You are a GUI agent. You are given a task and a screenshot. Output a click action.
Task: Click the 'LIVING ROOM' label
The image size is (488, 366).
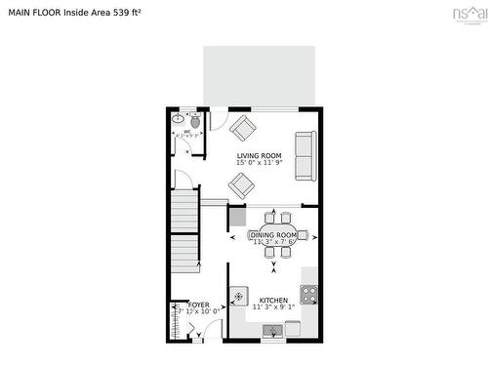(259, 155)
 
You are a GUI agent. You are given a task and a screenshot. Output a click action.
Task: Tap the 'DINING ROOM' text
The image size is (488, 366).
(273, 234)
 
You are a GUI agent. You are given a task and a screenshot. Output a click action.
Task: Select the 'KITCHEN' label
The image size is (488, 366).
(273, 300)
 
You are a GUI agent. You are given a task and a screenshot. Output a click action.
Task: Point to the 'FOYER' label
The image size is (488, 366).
(199, 305)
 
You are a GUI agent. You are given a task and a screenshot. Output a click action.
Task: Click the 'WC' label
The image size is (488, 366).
(186, 131)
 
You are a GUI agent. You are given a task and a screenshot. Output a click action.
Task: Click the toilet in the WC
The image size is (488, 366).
(195, 121)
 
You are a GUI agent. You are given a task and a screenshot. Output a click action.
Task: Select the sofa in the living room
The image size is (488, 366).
(305, 154)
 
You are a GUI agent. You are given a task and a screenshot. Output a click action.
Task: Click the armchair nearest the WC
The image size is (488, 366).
(241, 127)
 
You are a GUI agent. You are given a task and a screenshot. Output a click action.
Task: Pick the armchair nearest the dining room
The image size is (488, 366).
(241, 183)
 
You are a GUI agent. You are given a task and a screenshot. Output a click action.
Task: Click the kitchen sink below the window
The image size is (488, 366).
(272, 327)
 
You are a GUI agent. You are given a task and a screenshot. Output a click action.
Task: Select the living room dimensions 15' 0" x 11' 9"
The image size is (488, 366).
(259, 164)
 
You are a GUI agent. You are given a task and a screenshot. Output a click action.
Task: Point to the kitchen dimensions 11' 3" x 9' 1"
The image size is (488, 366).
(273, 308)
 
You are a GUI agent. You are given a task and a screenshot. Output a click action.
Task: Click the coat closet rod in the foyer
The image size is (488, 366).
(174, 319)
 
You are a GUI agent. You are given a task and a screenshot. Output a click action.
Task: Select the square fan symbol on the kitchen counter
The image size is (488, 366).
(239, 293)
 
